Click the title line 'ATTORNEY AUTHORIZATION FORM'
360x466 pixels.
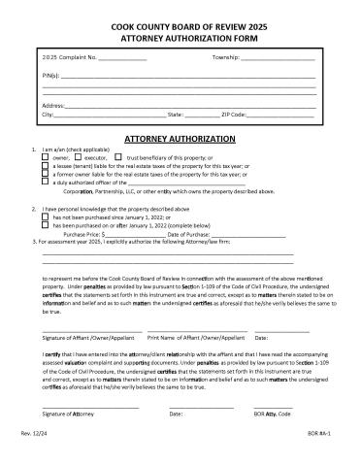click(x=180, y=32)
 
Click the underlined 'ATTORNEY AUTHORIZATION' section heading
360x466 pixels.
click(x=180, y=140)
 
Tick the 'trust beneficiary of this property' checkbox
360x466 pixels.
click(x=118, y=157)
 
